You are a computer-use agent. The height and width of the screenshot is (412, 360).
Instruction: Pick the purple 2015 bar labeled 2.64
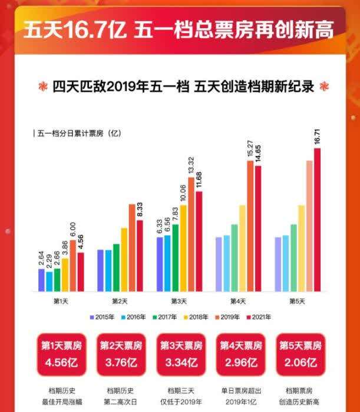[41, 280]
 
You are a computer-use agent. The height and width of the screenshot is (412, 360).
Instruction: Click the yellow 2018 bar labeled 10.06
[183, 248]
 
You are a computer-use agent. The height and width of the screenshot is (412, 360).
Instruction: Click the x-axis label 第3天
[179, 301]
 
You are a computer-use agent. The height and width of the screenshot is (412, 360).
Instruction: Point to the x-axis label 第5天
[298, 301]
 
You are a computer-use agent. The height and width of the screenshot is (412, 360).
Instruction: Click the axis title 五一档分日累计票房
[77, 134]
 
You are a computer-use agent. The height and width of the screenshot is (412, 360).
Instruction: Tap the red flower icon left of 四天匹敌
[40, 85]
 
